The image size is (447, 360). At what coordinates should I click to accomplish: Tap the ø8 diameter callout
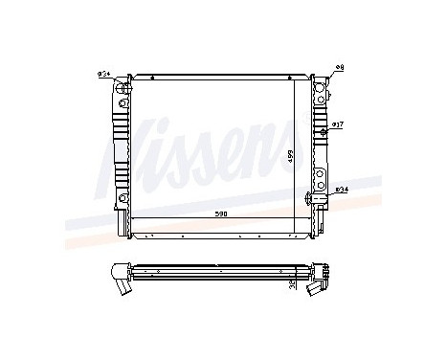point(340,66)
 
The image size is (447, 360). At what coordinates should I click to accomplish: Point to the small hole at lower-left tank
point(123,198)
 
